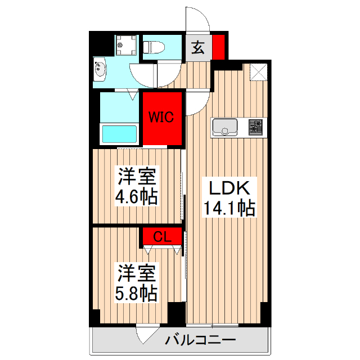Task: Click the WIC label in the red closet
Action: pyautogui.click(x=164, y=117)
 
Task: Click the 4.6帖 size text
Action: pyautogui.click(x=136, y=197)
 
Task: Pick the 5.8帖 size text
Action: pyautogui.click(x=136, y=293)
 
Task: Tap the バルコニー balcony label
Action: pyautogui.click(x=200, y=340)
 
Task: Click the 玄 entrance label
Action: pyautogui.click(x=198, y=47)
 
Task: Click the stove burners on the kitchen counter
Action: pyautogui.click(x=256, y=127)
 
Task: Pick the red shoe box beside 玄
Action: pyautogui.click(x=218, y=47)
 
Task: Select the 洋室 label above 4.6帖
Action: pyautogui.click(x=136, y=177)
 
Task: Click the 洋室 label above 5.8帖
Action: pyautogui.click(x=136, y=273)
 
